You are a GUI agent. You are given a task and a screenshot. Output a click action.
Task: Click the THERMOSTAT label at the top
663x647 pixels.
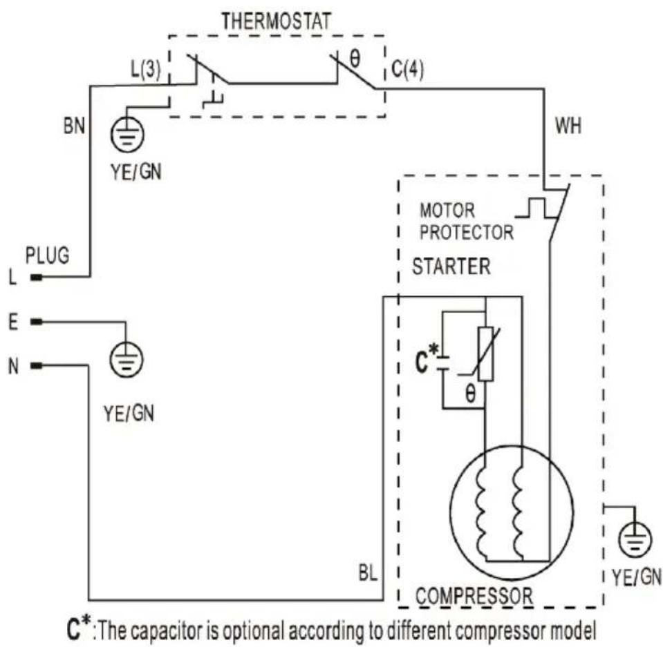point(276,21)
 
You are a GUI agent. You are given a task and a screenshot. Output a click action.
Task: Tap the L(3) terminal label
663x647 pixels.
point(145,69)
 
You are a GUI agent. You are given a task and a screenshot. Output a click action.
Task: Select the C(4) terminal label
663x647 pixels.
point(407,69)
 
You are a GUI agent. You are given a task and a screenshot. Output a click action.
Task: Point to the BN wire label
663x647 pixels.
point(75,126)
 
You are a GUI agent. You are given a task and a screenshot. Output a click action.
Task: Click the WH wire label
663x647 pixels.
point(568,126)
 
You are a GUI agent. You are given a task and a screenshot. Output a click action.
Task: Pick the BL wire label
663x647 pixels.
point(368,573)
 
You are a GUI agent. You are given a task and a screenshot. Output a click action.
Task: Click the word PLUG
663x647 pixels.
point(47,255)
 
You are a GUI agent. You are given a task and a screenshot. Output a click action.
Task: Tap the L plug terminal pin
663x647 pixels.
point(37,278)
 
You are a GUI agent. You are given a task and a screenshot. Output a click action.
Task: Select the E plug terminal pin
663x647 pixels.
point(37,322)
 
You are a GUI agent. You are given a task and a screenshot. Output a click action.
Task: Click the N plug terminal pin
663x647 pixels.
point(37,366)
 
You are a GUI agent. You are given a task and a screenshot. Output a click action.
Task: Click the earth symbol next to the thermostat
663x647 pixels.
point(127,134)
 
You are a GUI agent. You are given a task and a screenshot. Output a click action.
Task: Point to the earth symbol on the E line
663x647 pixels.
point(126,359)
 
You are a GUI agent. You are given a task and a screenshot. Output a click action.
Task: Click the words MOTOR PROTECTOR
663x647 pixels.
point(467,221)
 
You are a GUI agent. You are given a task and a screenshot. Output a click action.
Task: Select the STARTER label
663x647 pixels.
point(451,267)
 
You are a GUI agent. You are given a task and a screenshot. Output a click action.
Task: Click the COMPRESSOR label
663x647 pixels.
point(474,596)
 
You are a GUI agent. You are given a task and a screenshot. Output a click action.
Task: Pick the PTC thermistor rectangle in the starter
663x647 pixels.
point(485,354)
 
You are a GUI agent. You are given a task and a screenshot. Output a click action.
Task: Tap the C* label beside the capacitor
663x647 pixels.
point(427,359)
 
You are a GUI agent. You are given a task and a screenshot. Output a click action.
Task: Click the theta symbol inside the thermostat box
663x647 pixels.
point(355,59)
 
